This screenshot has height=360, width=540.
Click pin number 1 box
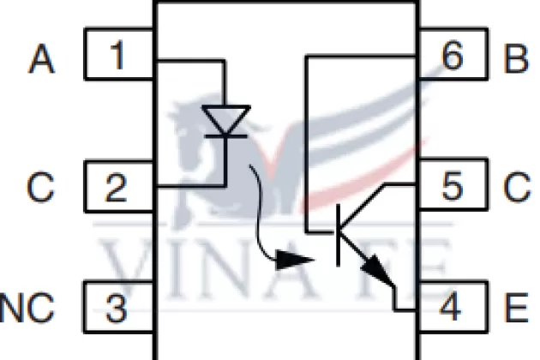click(x=118, y=57)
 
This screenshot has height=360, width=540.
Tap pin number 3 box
click(x=118, y=307)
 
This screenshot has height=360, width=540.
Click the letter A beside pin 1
click(x=40, y=59)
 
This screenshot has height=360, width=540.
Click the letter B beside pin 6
click(x=517, y=59)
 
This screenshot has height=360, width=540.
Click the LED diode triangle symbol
click(x=225, y=120)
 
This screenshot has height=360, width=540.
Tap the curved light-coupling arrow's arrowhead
click(x=295, y=258)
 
